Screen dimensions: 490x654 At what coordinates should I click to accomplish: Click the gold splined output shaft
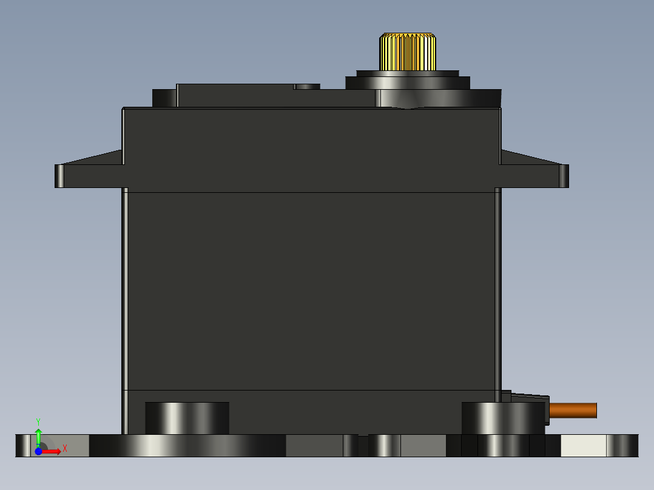(408, 52)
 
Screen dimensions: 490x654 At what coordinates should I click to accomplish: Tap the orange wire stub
(573, 411)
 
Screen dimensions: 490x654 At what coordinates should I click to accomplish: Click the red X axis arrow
(51, 451)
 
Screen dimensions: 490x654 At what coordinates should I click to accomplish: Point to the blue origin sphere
(38, 451)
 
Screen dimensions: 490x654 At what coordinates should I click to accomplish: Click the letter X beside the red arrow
(64, 449)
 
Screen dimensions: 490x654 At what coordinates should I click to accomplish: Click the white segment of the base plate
(583, 446)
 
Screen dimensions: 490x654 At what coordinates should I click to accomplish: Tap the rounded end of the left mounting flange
(59, 176)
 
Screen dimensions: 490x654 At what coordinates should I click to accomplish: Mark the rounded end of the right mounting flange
(564, 176)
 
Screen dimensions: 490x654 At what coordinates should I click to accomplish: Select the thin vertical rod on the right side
(498, 291)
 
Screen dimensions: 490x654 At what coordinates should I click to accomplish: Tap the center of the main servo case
(311, 291)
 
